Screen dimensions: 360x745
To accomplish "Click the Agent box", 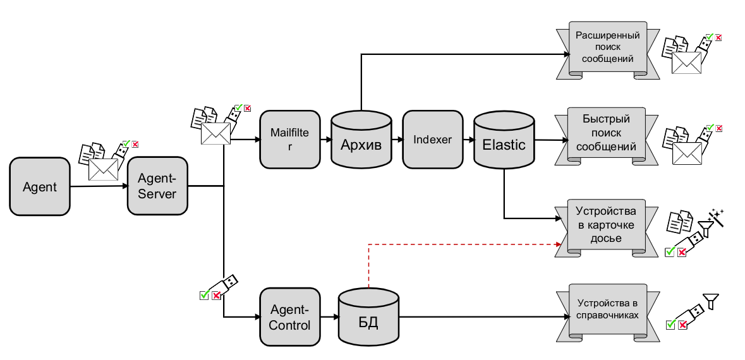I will [40, 187].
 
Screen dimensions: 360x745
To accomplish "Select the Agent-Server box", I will [157, 187].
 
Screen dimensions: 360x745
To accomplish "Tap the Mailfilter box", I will [290, 139].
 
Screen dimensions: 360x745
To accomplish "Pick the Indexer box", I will [433, 139].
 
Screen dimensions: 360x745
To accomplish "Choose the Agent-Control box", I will [290, 318].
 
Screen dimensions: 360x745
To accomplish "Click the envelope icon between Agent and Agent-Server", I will [104, 169].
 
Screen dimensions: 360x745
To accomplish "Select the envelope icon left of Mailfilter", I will [215, 133].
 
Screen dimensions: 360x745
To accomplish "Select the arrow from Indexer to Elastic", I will [468, 139].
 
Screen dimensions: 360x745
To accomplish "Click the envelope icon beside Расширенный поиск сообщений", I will [686, 63].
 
